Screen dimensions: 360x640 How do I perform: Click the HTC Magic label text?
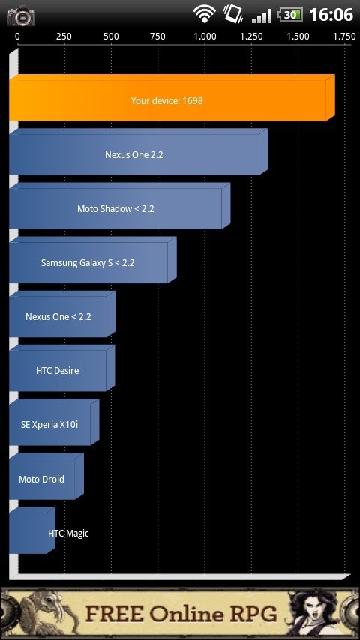coord(68,533)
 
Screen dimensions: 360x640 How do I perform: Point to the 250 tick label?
coord(64,37)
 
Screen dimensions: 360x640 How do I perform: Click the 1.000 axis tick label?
coord(205,37)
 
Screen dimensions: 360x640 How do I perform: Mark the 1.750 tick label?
coord(344,37)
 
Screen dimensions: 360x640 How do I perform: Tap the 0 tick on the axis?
coord(17,37)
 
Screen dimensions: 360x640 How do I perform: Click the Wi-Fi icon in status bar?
coord(204,14)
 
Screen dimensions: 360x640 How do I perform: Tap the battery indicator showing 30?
coord(290,15)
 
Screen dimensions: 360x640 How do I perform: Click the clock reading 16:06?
coord(331,15)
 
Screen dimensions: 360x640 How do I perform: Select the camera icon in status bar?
coord(20,16)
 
